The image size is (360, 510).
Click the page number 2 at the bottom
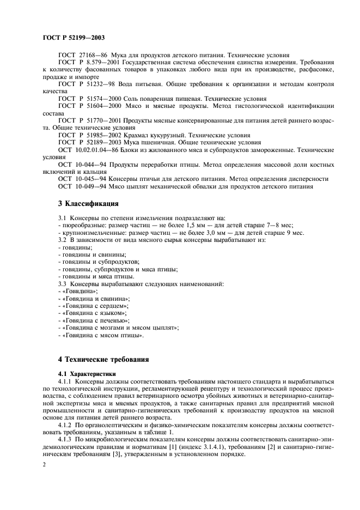(x=44, y=465)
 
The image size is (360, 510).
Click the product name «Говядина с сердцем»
(x=95, y=307)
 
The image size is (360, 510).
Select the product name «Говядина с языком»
(x=94, y=314)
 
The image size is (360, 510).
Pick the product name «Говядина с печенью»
(x=96, y=321)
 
